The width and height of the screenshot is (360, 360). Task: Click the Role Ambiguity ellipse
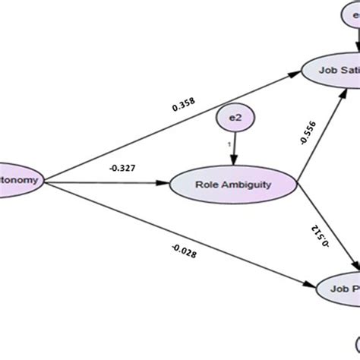pos(232,184)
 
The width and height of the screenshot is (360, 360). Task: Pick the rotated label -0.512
pos(320,235)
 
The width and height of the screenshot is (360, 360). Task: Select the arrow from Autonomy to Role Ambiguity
pos(106,182)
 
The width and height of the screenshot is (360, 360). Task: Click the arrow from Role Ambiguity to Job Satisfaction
pos(319,137)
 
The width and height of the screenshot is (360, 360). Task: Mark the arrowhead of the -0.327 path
pos(164,182)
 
